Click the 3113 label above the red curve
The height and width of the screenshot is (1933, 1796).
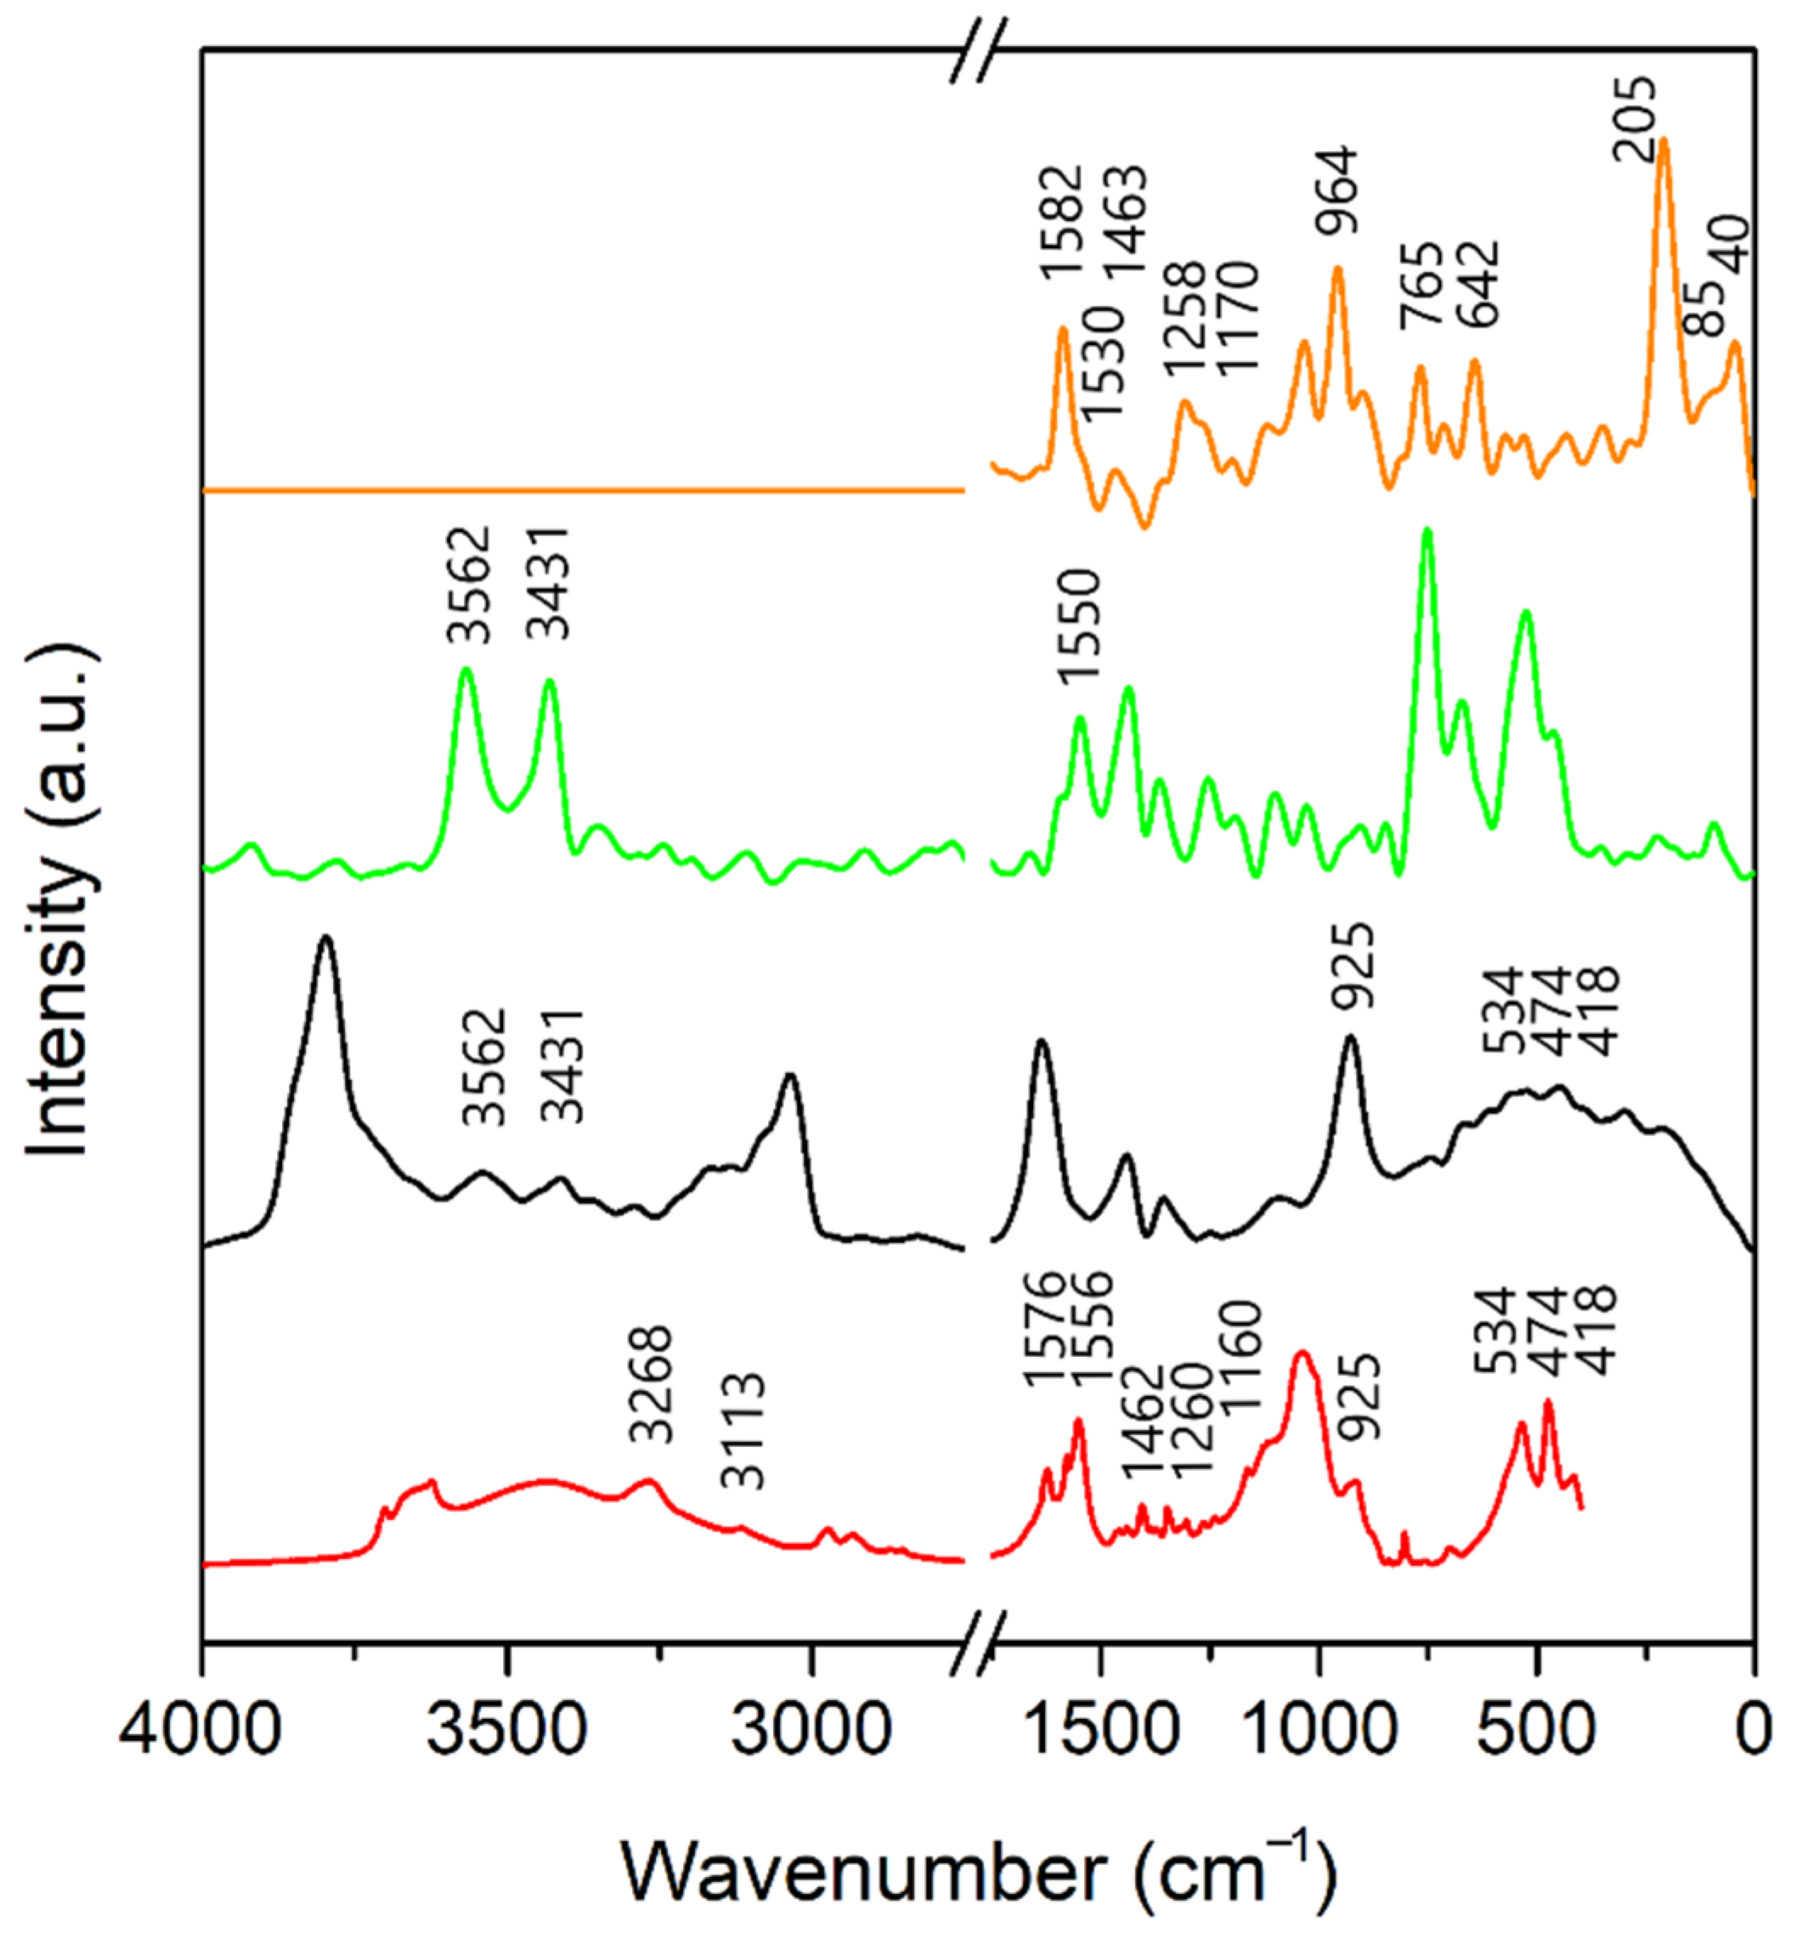pos(743,1432)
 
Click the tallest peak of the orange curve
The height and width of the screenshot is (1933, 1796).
pos(1663,140)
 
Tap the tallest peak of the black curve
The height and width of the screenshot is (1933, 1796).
pos(325,937)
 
